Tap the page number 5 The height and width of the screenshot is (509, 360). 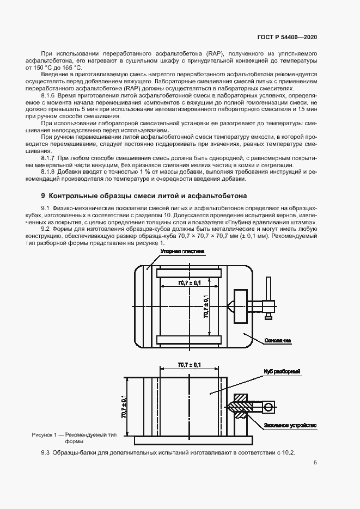coord(315,463)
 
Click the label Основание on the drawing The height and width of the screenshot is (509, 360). coord(277,341)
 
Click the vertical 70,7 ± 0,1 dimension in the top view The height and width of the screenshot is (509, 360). coord(207,306)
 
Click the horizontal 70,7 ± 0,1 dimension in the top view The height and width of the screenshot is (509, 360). coord(189,283)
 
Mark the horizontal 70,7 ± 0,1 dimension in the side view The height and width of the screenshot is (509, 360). coord(189,364)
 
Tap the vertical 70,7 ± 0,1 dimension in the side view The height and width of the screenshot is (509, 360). coord(124,406)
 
